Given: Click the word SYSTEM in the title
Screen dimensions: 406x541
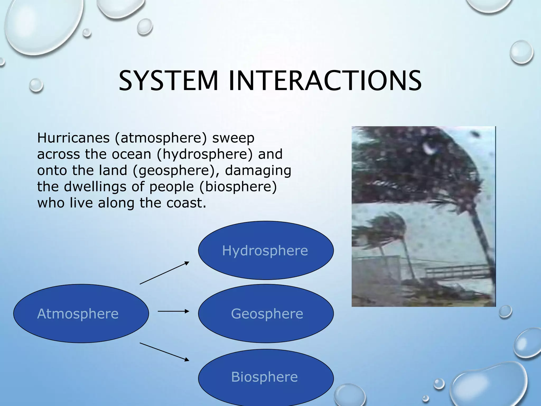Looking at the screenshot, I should click(169, 80).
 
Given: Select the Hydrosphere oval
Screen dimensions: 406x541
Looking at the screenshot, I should click(266, 250).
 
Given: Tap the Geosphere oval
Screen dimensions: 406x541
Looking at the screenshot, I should click(266, 313).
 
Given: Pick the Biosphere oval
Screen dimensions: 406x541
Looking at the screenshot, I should click(266, 377).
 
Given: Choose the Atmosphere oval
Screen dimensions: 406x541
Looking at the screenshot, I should click(81, 313).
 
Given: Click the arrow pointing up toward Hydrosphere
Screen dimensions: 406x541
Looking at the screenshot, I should click(164, 273).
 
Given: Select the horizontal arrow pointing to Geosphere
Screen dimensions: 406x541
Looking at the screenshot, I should click(173, 311).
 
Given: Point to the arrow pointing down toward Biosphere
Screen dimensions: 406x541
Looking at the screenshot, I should click(164, 352).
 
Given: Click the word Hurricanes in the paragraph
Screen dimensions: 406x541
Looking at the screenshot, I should click(73, 138).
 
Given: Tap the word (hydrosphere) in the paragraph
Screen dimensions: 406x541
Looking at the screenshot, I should click(205, 154).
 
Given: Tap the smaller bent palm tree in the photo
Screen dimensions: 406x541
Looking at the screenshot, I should click(386, 233).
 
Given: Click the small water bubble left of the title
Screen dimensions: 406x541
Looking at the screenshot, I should click(36, 85).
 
